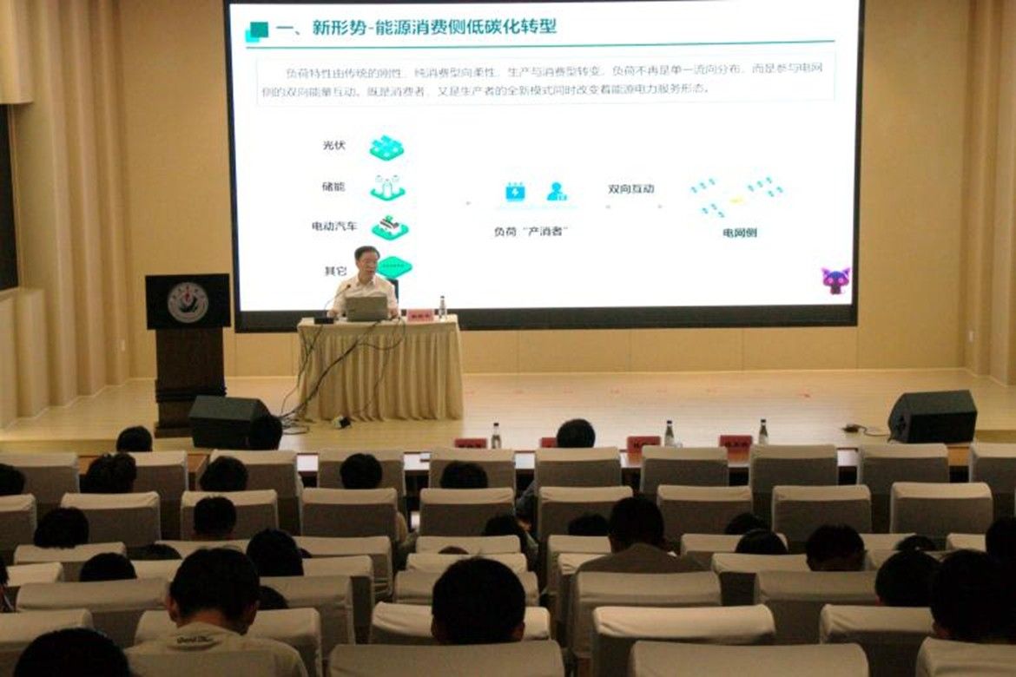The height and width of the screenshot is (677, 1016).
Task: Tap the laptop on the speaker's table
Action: (366, 308)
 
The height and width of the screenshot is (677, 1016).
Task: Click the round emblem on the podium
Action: (188, 302)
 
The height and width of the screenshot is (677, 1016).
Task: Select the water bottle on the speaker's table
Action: (442, 307)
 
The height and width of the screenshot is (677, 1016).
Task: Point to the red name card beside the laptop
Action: (419, 314)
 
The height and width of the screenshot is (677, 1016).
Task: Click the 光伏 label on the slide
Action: (333, 146)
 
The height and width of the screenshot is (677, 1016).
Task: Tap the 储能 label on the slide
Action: (333, 187)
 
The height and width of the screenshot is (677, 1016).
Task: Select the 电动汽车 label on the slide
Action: (334, 227)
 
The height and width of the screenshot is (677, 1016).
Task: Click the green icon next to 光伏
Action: (386, 148)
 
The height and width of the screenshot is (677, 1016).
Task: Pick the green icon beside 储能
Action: (387, 187)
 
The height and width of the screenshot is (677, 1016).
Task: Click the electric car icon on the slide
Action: (390, 227)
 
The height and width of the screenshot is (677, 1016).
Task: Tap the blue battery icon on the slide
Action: (515, 192)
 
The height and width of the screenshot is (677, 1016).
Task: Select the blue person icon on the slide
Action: (557, 192)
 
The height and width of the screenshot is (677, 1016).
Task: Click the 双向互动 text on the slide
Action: (631, 189)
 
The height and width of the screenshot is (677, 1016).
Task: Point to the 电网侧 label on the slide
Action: (739, 233)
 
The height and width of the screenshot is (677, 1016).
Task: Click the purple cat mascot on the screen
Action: (835, 280)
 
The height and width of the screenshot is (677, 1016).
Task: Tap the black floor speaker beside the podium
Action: (227, 421)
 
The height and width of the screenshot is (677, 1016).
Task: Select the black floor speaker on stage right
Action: (932, 417)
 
